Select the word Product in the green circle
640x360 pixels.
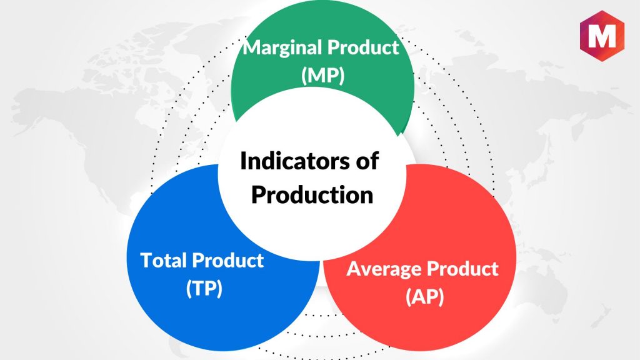pos(363,47)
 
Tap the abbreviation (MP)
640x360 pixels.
pos(323,76)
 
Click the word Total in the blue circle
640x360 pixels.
pos(164,260)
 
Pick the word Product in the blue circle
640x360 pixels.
pos(227,260)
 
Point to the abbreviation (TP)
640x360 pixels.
pos(204,288)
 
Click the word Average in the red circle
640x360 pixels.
pos(384,269)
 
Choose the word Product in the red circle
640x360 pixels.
pos(462,269)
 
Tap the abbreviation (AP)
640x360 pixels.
pos(424,297)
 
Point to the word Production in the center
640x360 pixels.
pos(312,195)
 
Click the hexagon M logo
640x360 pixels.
pos(602,36)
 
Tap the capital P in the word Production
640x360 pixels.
pos(258,195)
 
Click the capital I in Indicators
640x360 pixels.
pos(243,161)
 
